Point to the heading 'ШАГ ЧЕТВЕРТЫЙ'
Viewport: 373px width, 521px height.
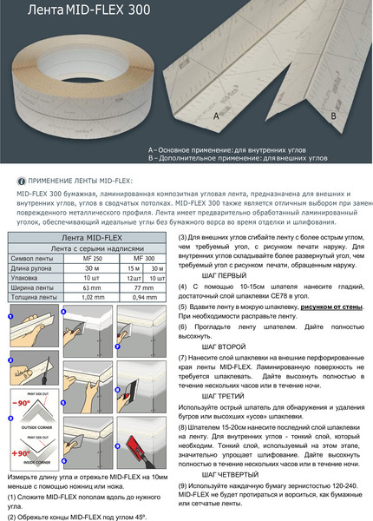point(232,476)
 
